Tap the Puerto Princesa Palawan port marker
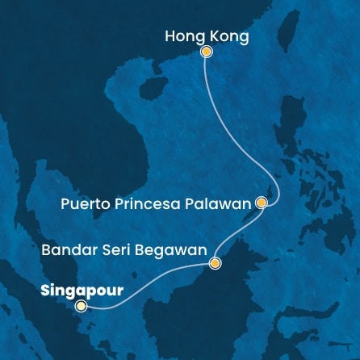click(261, 203)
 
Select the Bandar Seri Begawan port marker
click(215, 263)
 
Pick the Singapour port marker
click(80, 306)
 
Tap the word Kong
click(228, 36)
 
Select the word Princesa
click(151, 204)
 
